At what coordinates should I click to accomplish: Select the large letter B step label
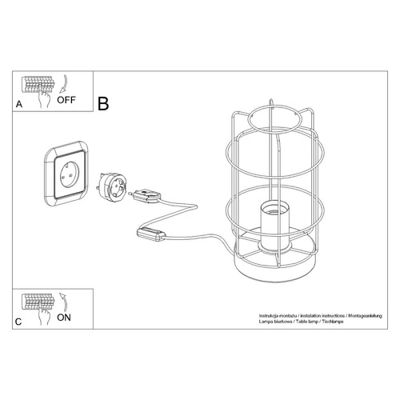(104, 104)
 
